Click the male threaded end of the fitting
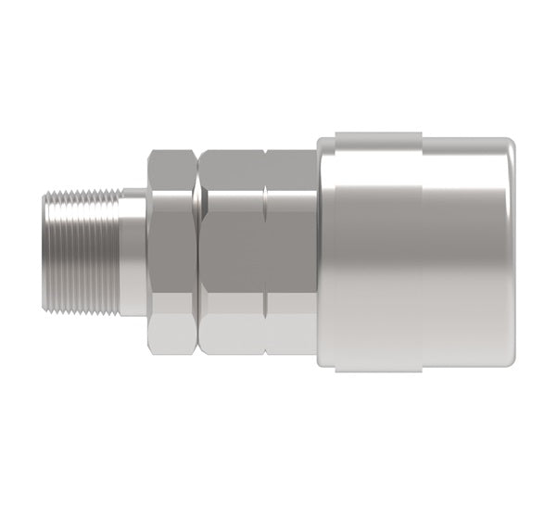coord(83,251)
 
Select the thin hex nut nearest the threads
coord(173,251)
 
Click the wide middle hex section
coord(232,251)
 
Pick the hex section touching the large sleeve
coord(290,251)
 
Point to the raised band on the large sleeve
coord(371,251)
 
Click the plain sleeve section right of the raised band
coord(463,251)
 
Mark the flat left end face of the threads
coord(46,251)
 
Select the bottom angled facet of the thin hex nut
coord(173,334)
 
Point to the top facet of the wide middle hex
coord(232,168)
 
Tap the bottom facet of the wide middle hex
coord(232,335)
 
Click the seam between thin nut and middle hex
coord(197,251)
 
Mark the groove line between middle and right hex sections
coord(265,251)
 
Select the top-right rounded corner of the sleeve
coord(511,144)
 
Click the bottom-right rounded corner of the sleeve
coord(511,362)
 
